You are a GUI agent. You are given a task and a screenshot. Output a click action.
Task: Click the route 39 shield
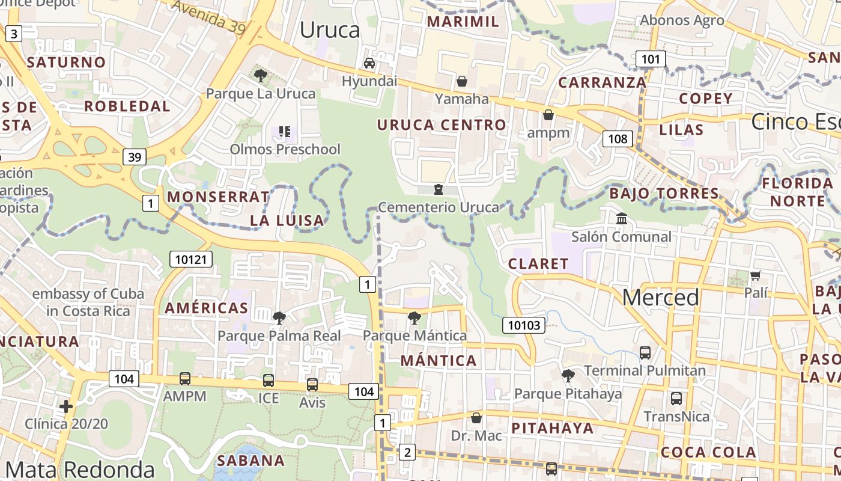(x=135, y=157)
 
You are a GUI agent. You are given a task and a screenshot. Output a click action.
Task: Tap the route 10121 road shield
(x=191, y=259)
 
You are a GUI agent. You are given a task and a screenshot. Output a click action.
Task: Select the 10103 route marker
(x=524, y=325)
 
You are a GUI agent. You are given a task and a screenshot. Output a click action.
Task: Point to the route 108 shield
(x=617, y=139)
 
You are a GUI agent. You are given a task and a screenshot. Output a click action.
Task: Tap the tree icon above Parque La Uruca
(x=261, y=75)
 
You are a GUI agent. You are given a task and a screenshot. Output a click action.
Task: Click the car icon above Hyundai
(x=369, y=63)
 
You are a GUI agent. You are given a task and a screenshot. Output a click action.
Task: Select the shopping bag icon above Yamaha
(x=462, y=81)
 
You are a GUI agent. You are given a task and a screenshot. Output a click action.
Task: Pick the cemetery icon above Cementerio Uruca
(x=439, y=189)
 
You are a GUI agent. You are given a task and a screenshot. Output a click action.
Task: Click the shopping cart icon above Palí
(x=755, y=275)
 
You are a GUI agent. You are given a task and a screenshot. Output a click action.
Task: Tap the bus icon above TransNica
(x=676, y=398)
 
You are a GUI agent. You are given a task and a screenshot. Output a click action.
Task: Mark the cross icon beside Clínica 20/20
(x=66, y=406)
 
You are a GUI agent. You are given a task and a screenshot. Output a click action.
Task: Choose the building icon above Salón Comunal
(x=622, y=218)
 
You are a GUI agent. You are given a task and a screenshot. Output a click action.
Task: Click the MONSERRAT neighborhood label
(x=219, y=197)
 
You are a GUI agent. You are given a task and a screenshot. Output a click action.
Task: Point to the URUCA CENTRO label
(x=442, y=125)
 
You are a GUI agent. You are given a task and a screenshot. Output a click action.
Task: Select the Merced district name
(x=661, y=297)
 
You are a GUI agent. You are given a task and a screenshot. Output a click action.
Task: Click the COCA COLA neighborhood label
(x=708, y=452)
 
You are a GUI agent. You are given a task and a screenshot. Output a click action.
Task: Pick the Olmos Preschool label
(x=285, y=149)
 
